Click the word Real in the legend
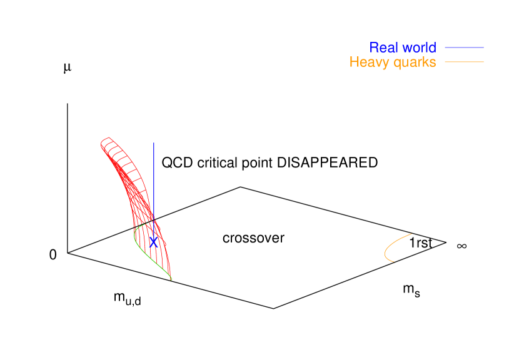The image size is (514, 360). click(383, 47)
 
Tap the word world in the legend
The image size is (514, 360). click(417, 47)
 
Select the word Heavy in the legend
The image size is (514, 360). click(367, 62)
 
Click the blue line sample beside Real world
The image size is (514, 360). click(464, 47)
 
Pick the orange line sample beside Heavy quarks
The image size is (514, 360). click(464, 62)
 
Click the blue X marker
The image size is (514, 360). click(153, 241)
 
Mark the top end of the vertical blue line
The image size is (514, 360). click(154, 143)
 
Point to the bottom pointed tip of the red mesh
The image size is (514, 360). click(171, 279)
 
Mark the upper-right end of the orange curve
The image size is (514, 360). click(411, 234)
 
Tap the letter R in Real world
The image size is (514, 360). click(374, 47)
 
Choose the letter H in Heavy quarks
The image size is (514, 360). click(354, 62)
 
